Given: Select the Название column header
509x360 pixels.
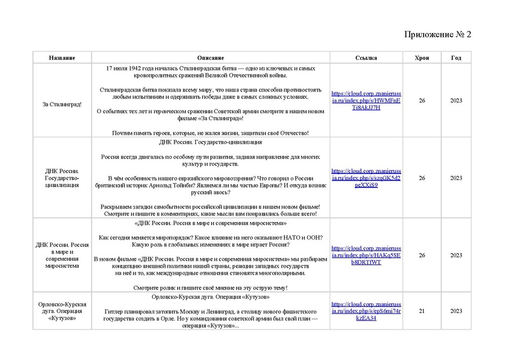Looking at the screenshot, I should [62, 58].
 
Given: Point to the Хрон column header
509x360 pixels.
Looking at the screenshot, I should [421, 58].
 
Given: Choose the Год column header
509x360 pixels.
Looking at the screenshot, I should [456, 58].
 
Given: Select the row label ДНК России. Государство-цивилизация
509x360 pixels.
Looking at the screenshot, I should [62, 178].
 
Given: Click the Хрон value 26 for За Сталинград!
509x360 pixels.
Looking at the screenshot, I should [421, 100].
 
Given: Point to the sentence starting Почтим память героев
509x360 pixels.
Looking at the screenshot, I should [211, 133].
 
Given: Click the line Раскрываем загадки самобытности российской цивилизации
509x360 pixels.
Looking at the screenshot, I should [211, 207].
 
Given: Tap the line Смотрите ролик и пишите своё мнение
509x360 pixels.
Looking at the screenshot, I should [211, 288].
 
